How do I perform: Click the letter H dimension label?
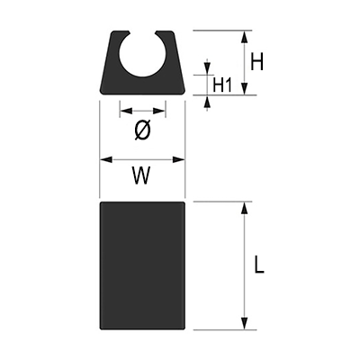click(257, 61)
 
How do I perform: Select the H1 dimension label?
click(222, 85)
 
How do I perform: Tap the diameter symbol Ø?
click(142, 130)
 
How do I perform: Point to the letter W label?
click(142, 175)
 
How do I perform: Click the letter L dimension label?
click(259, 265)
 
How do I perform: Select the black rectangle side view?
click(142, 265)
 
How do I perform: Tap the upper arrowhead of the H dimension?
click(245, 37)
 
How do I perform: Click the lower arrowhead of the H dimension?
click(245, 89)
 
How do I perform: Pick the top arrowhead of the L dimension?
click(245, 208)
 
